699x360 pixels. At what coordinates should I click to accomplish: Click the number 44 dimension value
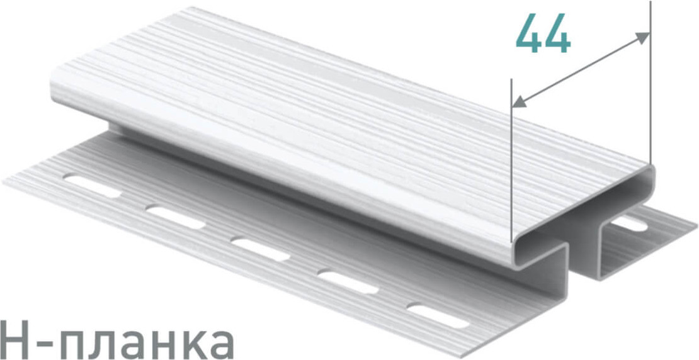point(543,33)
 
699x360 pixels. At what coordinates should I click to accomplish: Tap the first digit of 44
point(529,33)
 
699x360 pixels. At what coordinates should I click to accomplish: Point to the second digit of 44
point(558,33)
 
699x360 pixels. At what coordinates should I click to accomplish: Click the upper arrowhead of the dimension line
point(642,37)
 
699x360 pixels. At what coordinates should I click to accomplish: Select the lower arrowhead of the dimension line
point(520,101)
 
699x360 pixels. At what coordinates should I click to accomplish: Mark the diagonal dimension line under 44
point(581,69)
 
